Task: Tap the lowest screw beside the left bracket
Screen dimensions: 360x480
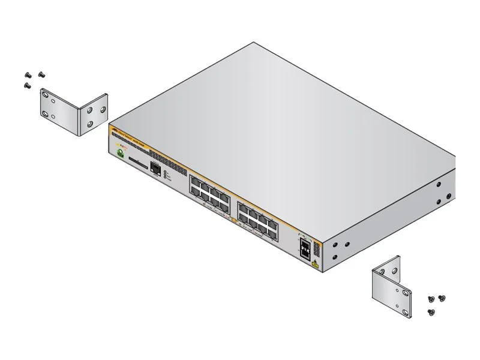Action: click(28, 86)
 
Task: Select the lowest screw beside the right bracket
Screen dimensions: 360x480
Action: click(431, 311)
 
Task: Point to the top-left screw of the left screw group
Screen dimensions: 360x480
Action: click(28, 75)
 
